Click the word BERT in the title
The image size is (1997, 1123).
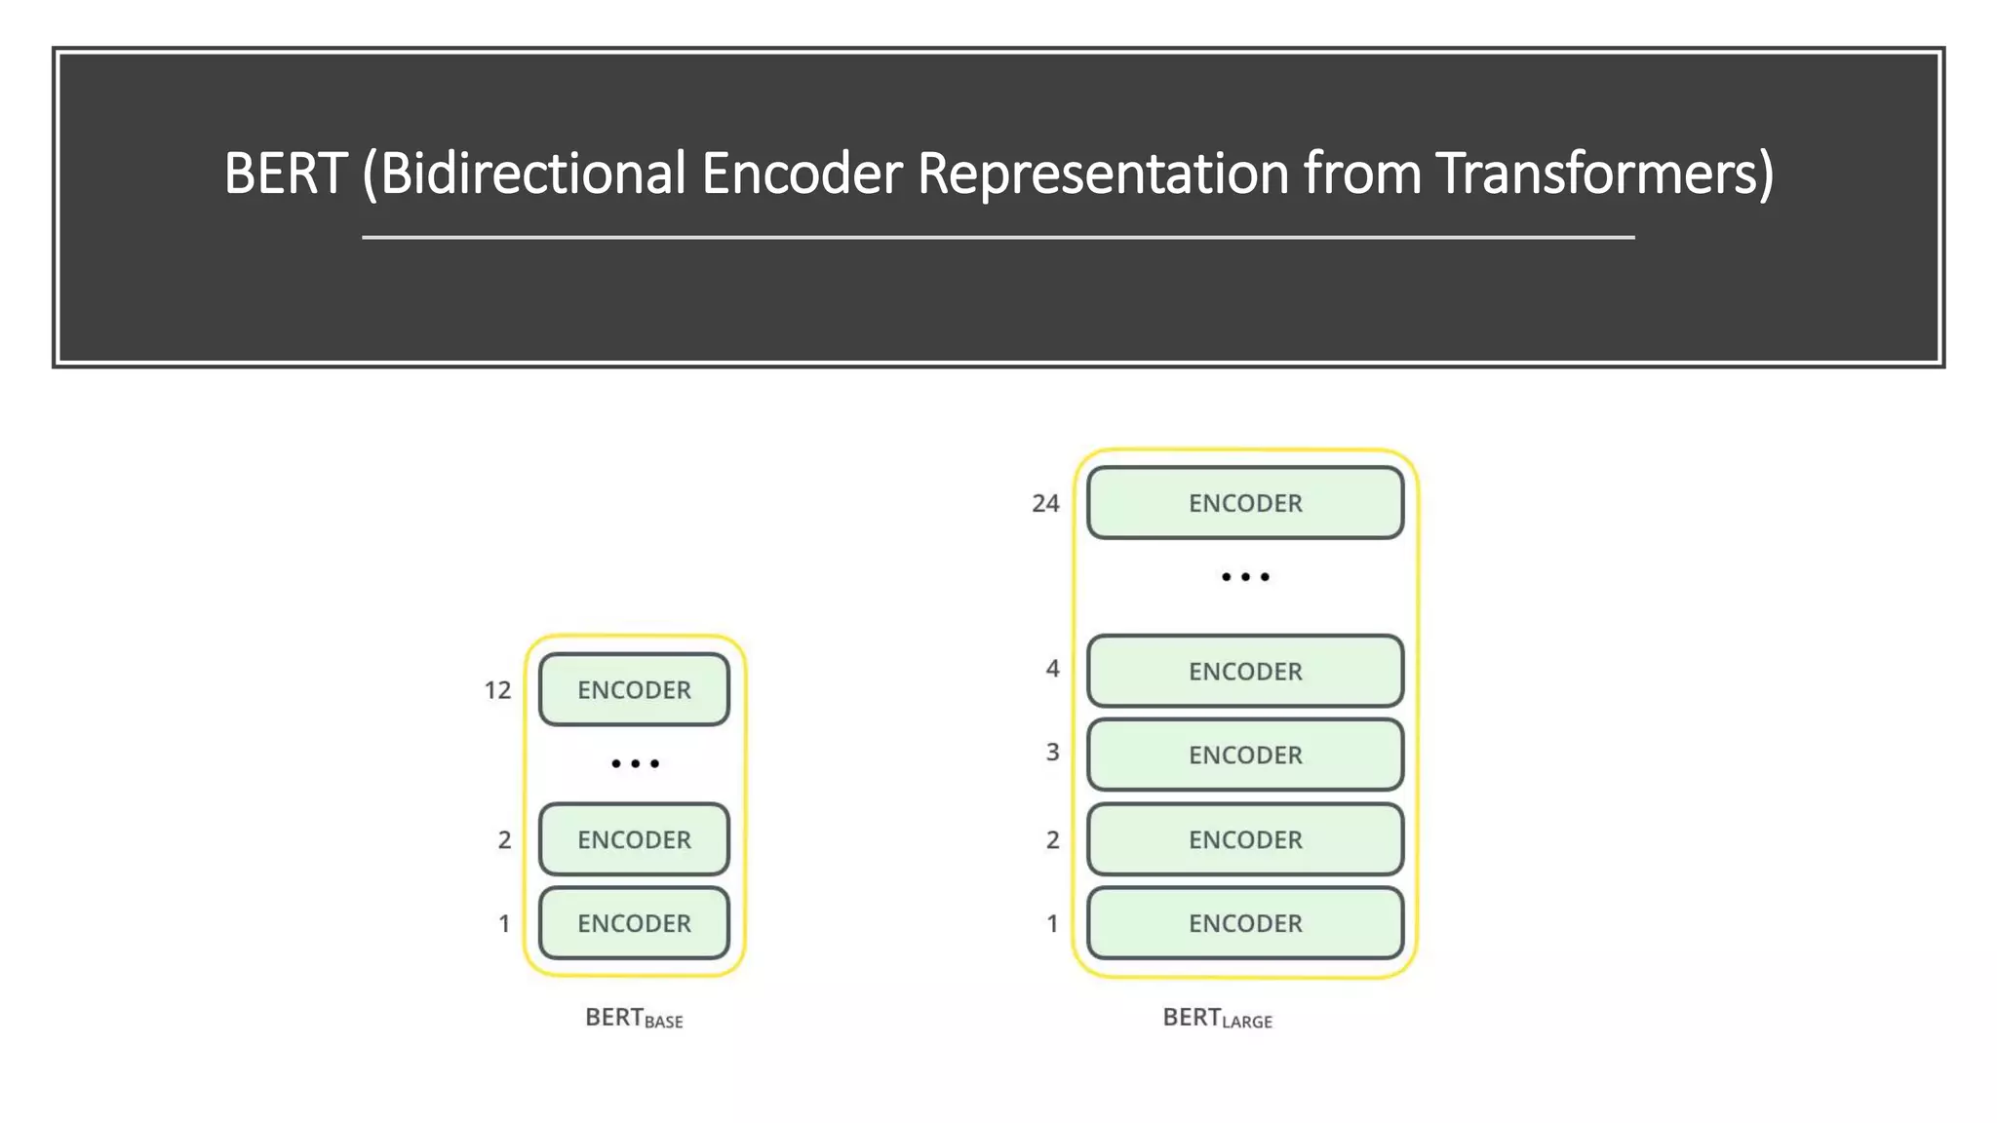point(285,174)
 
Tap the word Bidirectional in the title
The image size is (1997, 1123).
point(532,174)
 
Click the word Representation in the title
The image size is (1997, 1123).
point(1103,174)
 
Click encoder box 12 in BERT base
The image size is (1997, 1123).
point(634,689)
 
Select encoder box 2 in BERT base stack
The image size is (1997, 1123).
point(634,839)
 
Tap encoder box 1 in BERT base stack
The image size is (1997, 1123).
point(634,923)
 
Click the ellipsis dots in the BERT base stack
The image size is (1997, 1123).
point(635,763)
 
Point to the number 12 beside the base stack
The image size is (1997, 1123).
point(497,690)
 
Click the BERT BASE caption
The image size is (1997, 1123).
point(634,1018)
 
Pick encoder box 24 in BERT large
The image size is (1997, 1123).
point(1245,503)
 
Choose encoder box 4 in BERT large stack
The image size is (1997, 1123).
point(1245,671)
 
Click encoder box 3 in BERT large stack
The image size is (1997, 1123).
point(1245,755)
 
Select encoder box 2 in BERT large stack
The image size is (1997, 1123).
point(1245,839)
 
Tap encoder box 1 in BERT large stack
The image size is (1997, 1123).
point(1245,923)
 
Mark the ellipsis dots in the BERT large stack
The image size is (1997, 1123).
point(1245,577)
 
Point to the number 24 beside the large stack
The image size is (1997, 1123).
point(1045,503)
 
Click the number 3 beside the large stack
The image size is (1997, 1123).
point(1052,753)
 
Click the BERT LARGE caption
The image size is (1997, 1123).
point(1217,1018)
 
